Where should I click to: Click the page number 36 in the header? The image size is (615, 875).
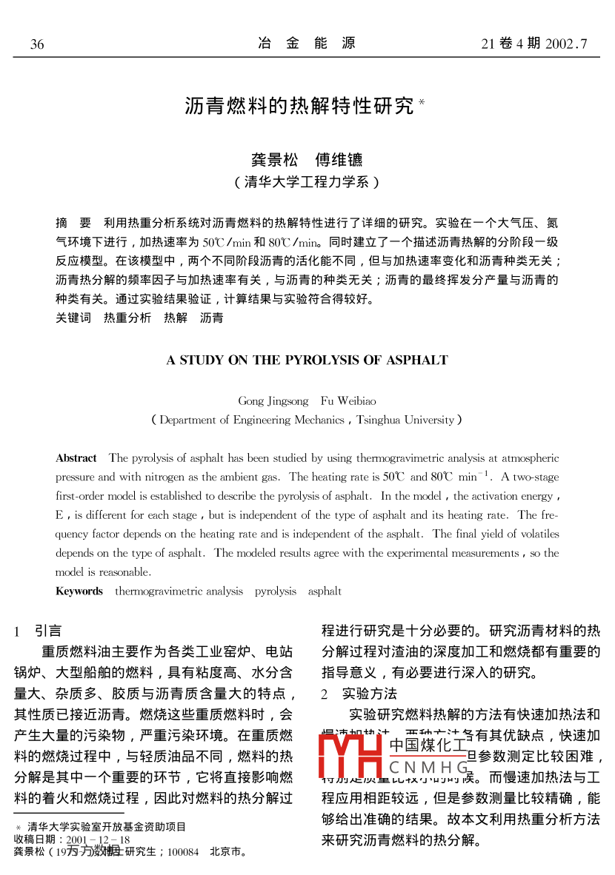37,44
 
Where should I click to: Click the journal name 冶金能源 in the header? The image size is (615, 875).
307,44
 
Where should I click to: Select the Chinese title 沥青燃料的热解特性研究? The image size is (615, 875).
299,106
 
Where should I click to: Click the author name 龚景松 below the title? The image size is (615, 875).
273,159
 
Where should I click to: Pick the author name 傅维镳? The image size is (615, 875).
339,159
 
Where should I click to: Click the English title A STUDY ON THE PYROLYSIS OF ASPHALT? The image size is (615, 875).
307,361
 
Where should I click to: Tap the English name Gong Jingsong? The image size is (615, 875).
273,401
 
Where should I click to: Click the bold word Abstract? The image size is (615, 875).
76,458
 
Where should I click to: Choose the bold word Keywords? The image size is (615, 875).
79,591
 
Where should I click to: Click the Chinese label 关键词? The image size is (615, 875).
73,318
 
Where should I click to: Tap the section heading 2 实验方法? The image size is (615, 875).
359,694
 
